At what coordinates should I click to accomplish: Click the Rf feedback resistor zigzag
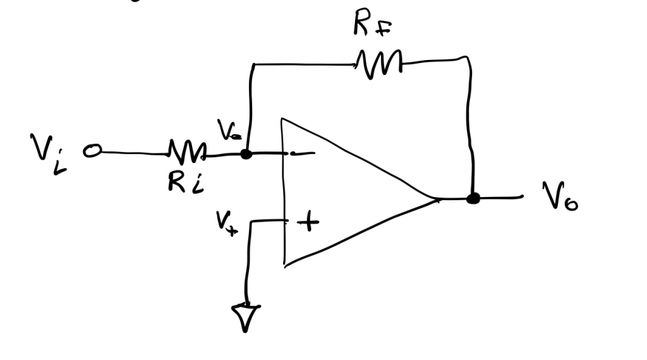pos(378,63)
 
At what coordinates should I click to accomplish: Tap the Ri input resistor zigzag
pos(186,152)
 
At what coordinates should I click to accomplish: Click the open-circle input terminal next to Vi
pos(93,152)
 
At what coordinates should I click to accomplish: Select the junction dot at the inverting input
pos(246,153)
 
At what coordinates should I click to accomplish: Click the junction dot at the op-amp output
pos(472,199)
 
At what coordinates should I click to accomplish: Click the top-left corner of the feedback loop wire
pos(252,64)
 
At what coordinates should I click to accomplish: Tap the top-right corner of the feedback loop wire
pos(468,59)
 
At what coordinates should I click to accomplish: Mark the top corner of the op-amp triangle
pos(284,119)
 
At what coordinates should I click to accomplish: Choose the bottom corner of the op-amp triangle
pos(286,264)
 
